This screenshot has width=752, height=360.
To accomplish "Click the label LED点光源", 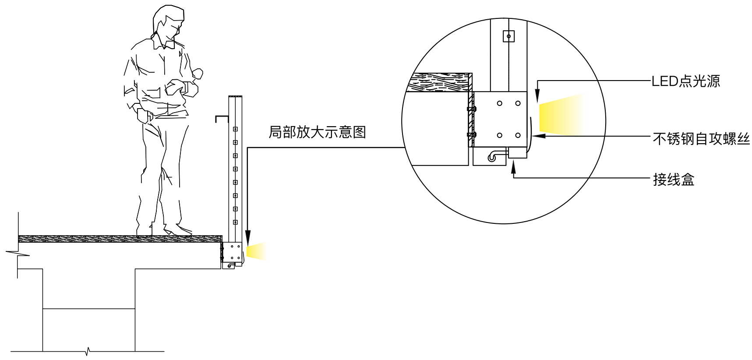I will pos(685,81).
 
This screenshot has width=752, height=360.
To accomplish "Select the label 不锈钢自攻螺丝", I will pos(701,139).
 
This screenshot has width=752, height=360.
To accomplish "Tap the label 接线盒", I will pos(673,180).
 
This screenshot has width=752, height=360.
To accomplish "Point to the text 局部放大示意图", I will pos(317,132).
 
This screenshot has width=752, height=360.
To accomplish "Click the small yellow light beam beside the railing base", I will pos(256,251).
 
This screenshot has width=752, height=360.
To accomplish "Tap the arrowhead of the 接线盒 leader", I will pos(514,166).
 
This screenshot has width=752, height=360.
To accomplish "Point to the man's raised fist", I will pos(198,73).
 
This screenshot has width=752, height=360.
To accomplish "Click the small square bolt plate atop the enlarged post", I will pos(508,36).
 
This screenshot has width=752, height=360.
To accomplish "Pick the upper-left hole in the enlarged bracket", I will pos(499,103).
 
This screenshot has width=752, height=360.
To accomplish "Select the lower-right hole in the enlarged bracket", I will pos(518,135).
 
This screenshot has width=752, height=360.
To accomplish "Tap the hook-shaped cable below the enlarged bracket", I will pos(494,155).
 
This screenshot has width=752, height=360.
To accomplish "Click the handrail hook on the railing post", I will pos(222,117).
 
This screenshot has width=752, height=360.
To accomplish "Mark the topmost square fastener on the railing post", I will pos(235,129).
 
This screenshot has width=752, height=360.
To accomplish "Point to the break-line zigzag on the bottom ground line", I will pos(88,351).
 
